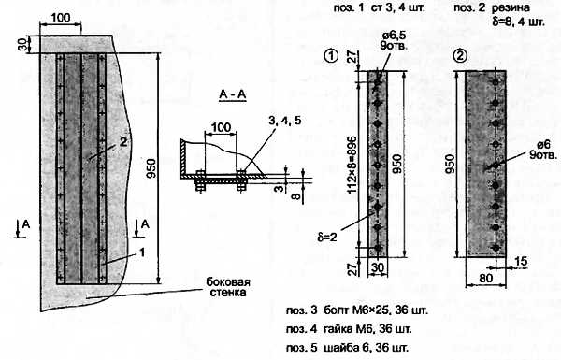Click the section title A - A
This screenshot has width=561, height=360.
233,94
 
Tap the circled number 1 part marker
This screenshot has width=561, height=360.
331,56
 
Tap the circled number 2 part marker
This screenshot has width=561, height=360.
460,56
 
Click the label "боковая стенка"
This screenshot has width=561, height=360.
228,287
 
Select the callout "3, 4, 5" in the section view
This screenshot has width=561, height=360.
285,121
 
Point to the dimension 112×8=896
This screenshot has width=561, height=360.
352,165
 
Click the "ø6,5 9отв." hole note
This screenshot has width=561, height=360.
394,40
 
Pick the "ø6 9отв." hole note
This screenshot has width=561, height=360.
543,150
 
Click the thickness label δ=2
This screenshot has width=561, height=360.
327,237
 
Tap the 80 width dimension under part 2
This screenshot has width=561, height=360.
485,278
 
